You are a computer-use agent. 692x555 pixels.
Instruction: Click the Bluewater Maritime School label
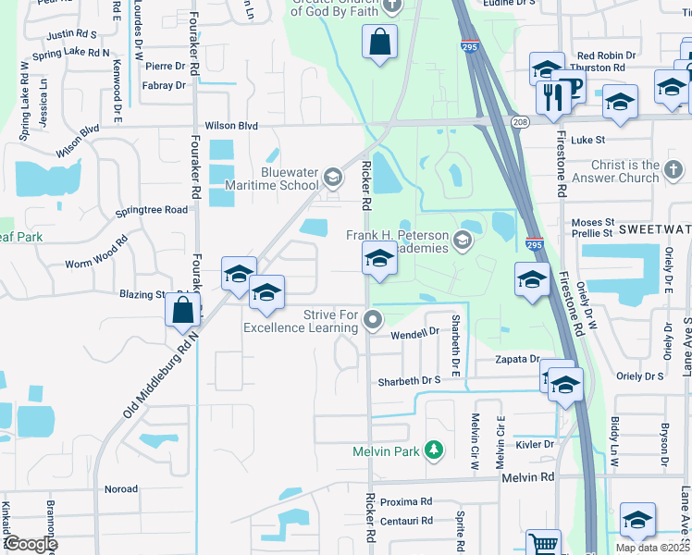[278, 179]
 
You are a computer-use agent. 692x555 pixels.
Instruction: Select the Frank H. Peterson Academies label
[398, 241]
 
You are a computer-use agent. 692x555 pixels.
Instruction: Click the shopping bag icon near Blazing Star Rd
[183, 309]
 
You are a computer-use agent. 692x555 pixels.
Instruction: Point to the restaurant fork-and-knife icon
[552, 96]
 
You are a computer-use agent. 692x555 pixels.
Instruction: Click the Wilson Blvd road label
[231, 126]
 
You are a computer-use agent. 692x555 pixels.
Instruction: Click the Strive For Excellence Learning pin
[373, 321]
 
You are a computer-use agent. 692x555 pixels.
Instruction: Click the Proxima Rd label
[406, 502]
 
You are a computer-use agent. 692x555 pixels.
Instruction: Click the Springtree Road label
[152, 210]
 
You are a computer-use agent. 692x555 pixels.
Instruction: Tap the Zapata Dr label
[516, 359]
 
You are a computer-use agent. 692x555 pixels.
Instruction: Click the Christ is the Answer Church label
[625, 171]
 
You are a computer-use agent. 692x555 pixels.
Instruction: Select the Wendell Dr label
[414, 333]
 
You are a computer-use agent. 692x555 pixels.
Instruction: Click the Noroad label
[121, 489]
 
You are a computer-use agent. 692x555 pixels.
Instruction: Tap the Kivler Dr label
[536, 444]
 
